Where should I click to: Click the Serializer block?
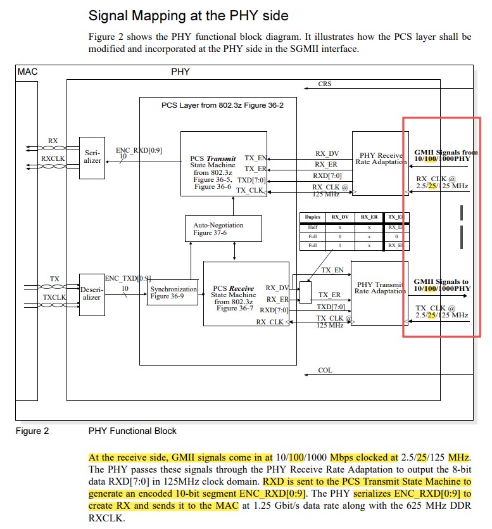point(92,156)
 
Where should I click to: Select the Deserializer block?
point(92,293)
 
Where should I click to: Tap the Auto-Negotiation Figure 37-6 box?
point(222,229)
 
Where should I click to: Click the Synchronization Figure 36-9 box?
point(173,292)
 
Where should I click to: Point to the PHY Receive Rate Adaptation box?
point(380,158)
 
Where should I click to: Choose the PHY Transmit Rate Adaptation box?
point(379,288)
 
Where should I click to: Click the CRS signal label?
point(324,84)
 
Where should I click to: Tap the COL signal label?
point(324,371)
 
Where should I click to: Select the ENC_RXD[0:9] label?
point(139,150)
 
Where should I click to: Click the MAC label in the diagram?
point(28,72)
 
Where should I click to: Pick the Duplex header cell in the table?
point(313,217)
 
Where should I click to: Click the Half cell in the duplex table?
point(313,226)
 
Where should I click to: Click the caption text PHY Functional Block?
point(132,431)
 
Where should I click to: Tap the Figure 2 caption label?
point(32,431)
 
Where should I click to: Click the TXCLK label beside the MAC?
point(54,296)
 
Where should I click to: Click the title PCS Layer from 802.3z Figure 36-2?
point(222,106)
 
